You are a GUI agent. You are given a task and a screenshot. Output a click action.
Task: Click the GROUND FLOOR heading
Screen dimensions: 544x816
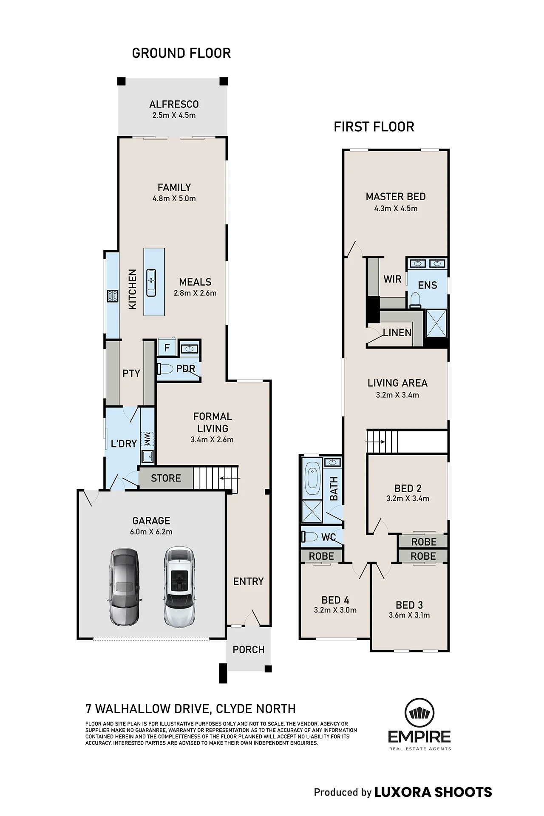point(181,53)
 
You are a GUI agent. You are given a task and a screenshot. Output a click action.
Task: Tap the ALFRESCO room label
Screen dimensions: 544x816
point(174,104)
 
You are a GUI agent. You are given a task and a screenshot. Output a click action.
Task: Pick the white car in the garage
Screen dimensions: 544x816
point(179,586)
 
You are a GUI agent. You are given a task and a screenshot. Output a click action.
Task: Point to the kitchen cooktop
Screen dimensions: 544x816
point(112,296)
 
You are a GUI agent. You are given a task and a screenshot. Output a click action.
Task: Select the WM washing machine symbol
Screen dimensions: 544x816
point(147,439)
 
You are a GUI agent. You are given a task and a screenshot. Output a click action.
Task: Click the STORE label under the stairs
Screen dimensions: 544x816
point(166,478)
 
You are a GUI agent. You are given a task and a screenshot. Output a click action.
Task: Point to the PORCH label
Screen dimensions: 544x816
point(249,649)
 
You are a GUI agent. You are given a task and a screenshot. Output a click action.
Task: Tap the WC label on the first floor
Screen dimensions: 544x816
point(329,538)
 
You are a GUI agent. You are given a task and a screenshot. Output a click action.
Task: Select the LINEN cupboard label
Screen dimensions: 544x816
point(397,333)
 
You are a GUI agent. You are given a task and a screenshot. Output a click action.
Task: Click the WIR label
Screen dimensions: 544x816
point(392,279)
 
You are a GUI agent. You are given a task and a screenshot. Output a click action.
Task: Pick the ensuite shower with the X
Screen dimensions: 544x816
point(436,323)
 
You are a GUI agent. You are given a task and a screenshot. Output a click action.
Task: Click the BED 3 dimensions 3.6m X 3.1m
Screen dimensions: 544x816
point(409,615)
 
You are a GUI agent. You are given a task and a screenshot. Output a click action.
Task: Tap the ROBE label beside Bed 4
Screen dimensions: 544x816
point(321,556)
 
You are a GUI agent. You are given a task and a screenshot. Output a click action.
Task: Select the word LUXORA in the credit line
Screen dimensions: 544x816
point(402,792)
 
